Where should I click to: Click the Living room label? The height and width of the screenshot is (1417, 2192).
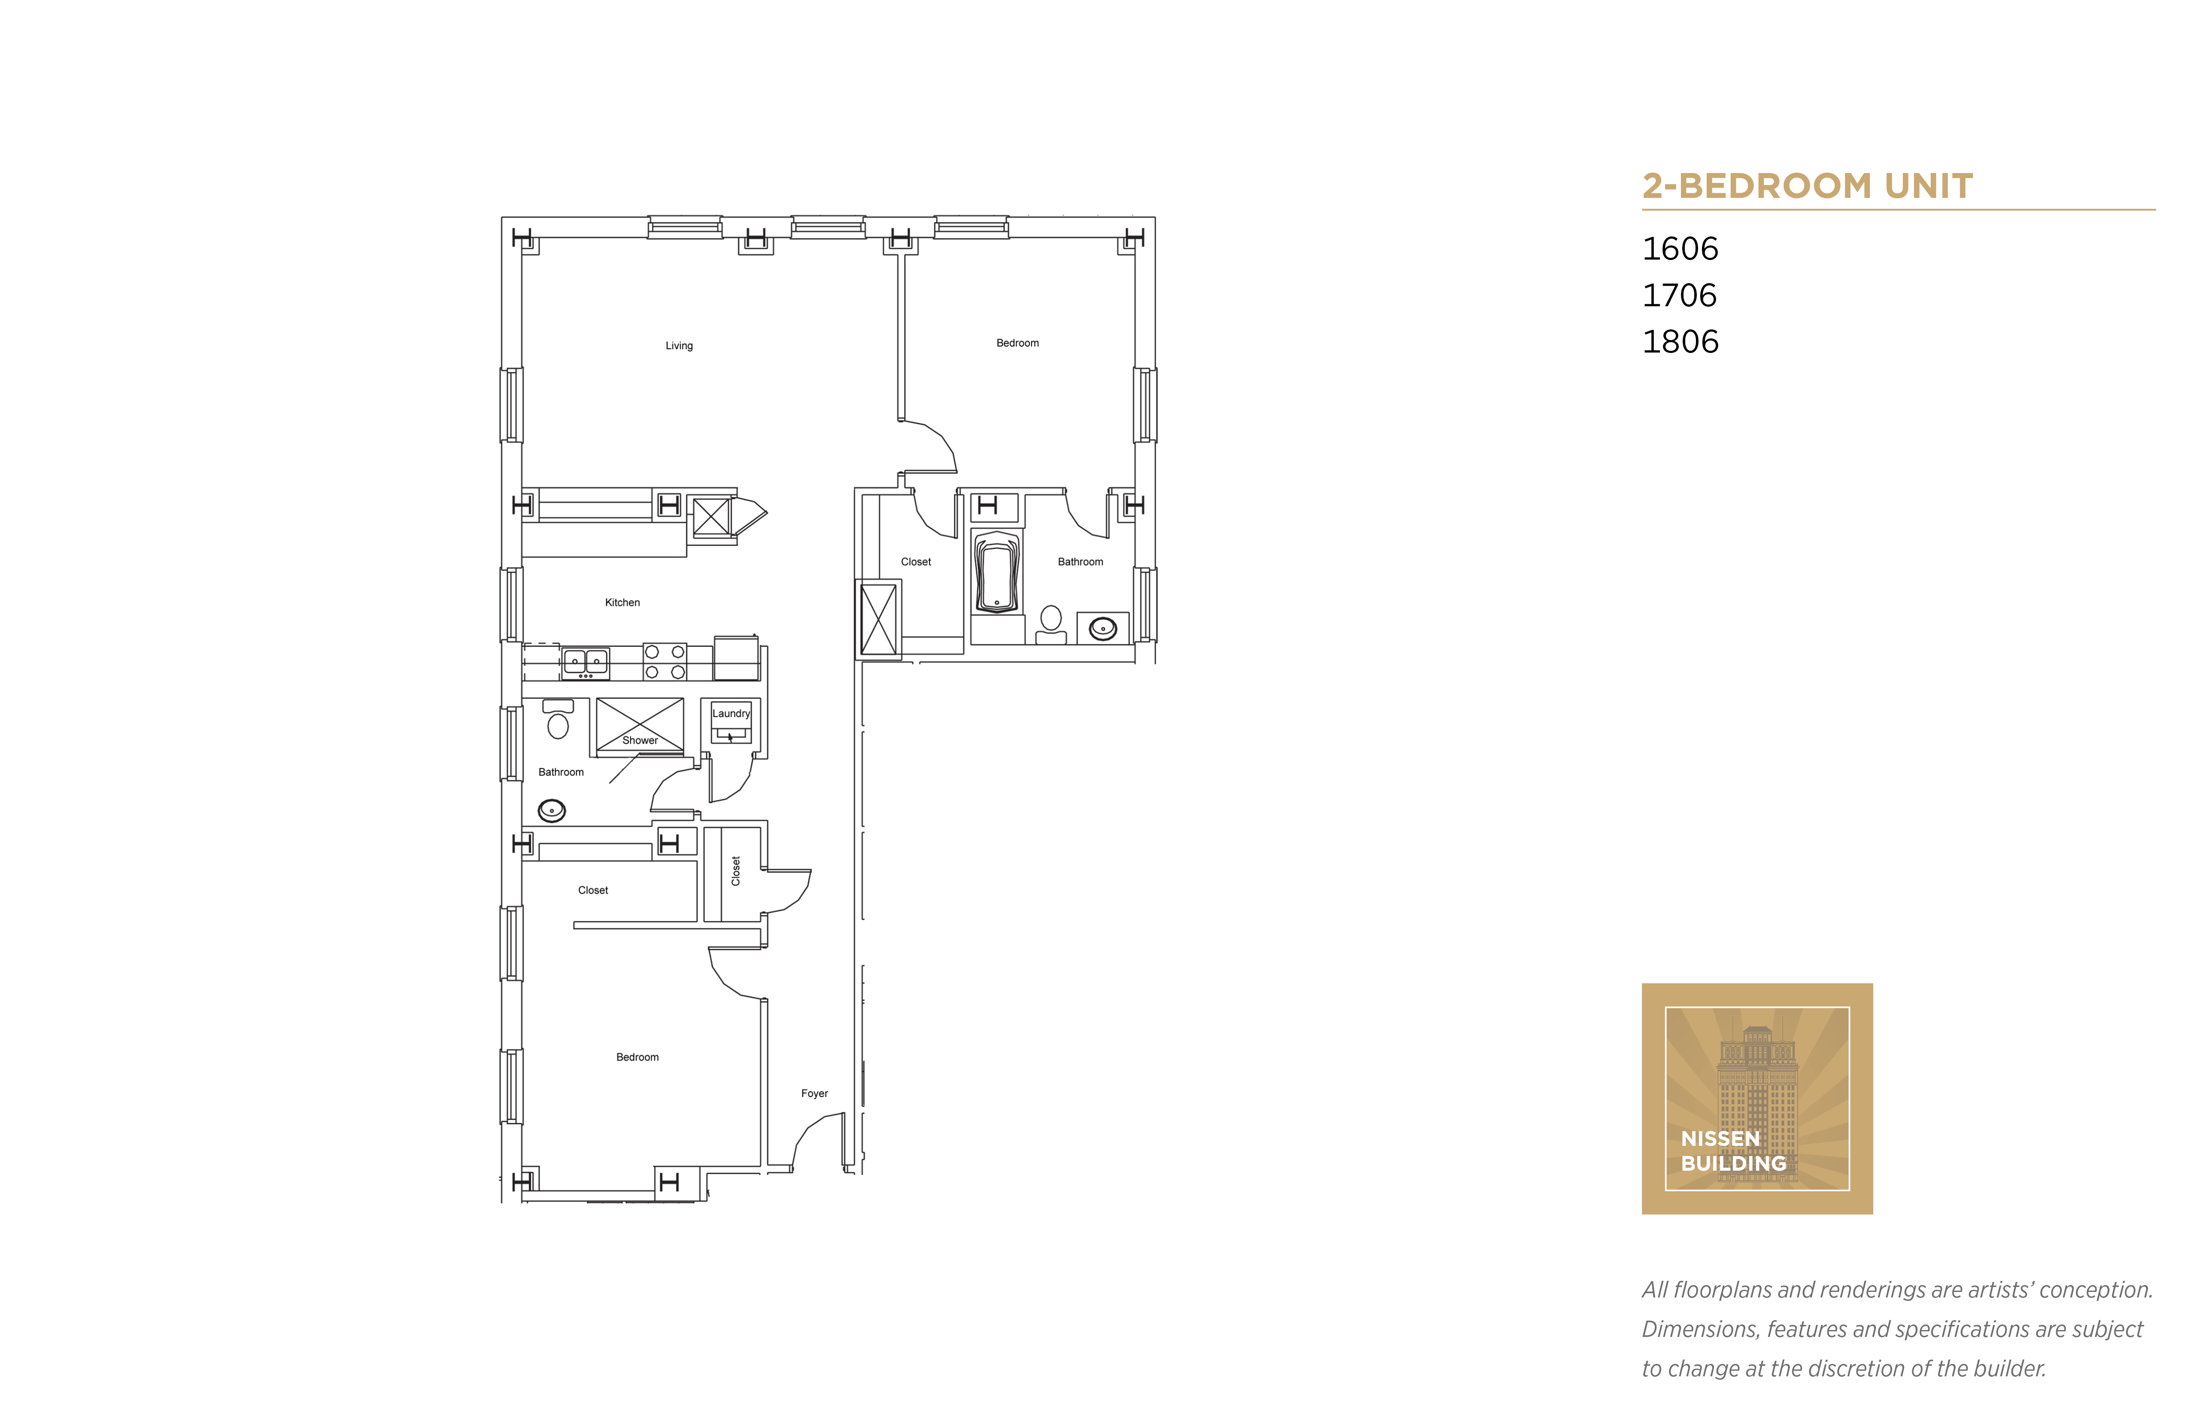(679, 346)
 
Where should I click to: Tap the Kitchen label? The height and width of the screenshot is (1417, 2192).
(622, 603)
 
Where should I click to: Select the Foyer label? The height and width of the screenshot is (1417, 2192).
(814, 1093)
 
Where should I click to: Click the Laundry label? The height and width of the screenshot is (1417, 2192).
(731, 713)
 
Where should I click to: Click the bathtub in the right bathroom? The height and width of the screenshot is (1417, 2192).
(996, 572)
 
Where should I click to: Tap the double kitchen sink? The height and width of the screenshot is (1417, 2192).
(585, 661)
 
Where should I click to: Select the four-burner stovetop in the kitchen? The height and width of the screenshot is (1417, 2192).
(664, 661)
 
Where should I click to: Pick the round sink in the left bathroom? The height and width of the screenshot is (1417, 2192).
(551, 810)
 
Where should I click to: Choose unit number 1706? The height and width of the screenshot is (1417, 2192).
(1679, 296)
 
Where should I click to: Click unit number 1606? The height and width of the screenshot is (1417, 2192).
(1681, 248)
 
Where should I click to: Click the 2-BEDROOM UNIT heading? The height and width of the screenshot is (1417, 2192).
(1807, 186)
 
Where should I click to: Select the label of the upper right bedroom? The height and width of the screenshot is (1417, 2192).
(1017, 343)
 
